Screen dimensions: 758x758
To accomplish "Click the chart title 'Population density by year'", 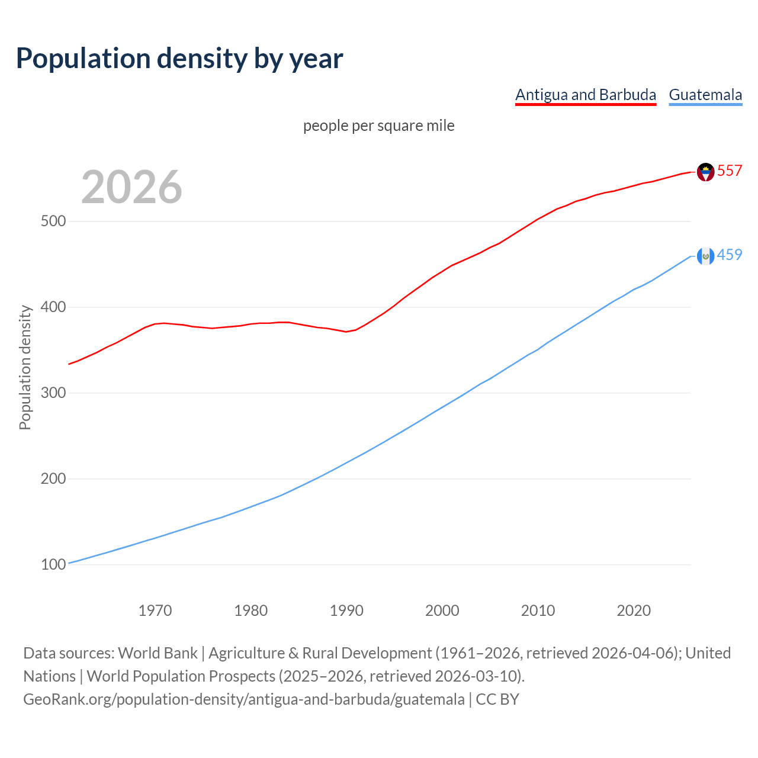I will tap(179, 58).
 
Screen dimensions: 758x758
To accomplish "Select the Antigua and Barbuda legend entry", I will tap(585, 95).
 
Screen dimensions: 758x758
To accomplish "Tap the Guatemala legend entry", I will tap(705, 95).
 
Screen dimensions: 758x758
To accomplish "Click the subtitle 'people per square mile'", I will tap(378, 126).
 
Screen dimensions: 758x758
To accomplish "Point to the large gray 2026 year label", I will tap(131, 187).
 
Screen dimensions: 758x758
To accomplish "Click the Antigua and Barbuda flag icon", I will tap(705, 172).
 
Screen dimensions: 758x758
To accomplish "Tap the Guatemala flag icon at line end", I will tap(705, 256).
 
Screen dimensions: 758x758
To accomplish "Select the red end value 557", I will tap(730, 171).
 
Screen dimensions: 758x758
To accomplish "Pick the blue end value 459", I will tap(730, 255).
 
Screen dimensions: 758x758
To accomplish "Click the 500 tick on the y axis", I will tap(53, 221).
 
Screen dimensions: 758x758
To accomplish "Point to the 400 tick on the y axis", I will tap(53, 307).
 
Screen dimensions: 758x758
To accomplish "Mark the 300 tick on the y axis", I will tap(53, 393).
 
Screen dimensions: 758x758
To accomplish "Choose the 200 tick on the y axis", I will tap(53, 478).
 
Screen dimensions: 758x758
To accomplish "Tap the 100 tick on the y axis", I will tap(53, 564).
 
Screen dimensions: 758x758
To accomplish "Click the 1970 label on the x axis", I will tap(155, 611).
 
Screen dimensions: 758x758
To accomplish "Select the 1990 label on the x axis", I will tap(346, 611).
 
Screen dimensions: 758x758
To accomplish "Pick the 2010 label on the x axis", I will tap(538, 611).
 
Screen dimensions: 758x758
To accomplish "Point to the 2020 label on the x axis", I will tap(634, 611).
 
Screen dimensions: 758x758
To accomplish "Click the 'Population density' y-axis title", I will tap(25, 367).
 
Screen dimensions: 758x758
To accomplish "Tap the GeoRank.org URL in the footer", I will tap(244, 699).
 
